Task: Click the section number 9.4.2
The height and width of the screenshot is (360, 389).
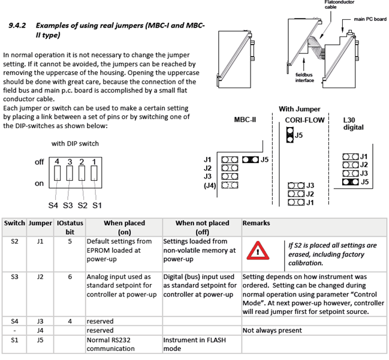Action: [x=18, y=26]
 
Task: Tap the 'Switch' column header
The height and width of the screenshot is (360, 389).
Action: [x=14, y=222]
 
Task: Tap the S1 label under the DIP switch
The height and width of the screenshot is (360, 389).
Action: [x=97, y=205]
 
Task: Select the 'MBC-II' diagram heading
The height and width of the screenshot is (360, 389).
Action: [x=245, y=120]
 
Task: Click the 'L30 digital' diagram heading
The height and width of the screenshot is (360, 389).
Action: [x=354, y=123]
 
